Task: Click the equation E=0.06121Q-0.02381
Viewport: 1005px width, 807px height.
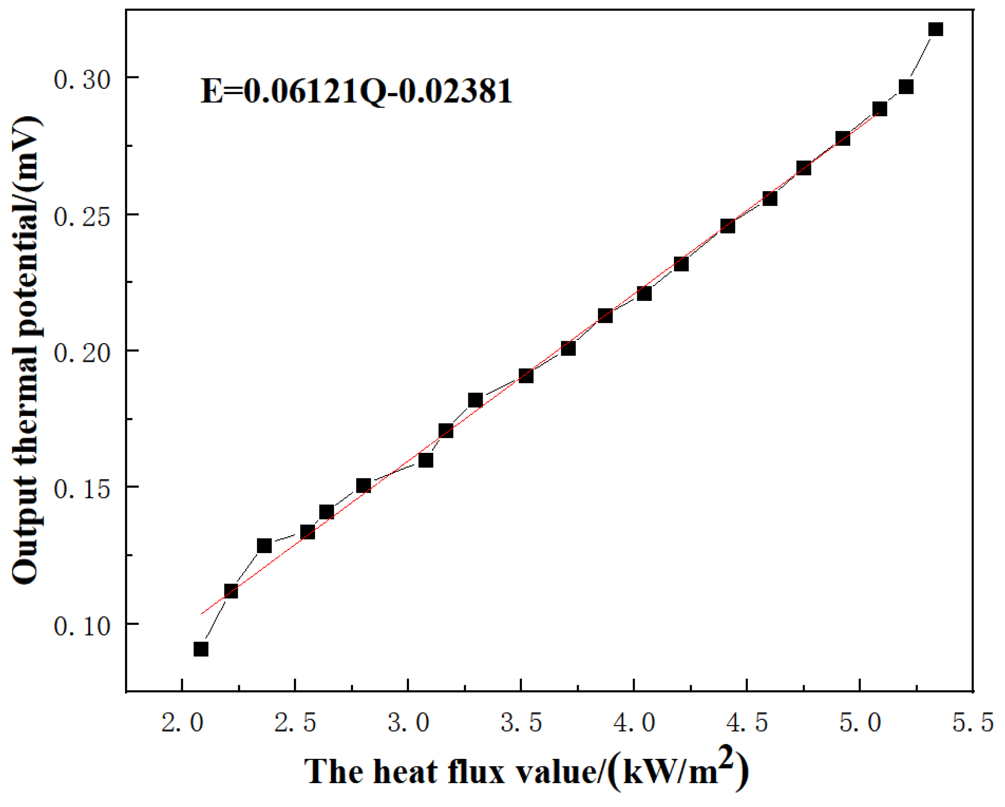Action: tap(357, 91)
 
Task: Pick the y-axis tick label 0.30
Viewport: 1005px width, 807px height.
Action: tap(82, 80)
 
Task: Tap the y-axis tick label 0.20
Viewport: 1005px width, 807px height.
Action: tap(82, 353)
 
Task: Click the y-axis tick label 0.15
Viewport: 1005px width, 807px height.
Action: tap(82, 489)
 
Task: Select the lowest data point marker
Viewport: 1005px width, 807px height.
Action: tap(201, 649)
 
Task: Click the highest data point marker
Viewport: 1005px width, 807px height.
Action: tap(936, 29)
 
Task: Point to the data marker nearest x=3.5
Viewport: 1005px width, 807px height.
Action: tap(526, 376)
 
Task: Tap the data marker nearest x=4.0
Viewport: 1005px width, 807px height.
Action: tap(644, 293)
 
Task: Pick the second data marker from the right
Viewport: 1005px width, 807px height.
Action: tap(906, 87)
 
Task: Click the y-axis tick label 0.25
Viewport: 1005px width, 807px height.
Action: tap(82, 217)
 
